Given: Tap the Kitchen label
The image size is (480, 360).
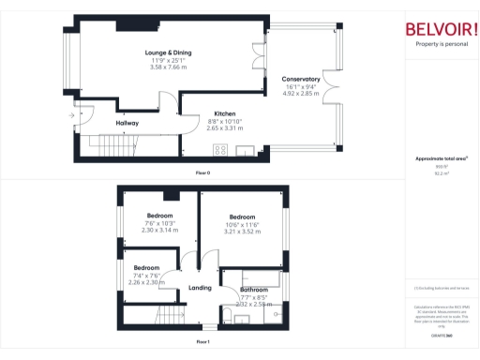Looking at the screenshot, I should [x=224, y=113].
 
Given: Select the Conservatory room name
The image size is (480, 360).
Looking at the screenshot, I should [x=301, y=80].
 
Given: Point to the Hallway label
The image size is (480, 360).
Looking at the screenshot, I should [x=127, y=123].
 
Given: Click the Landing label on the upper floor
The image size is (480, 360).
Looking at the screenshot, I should [x=200, y=288].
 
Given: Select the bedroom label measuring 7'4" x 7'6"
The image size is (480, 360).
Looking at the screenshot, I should [x=145, y=268].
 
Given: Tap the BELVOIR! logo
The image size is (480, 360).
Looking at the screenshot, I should [x=440, y=28].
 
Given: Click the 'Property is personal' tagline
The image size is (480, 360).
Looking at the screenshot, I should [x=440, y=44].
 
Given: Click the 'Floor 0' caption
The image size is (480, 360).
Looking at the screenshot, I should [x=202, y=173].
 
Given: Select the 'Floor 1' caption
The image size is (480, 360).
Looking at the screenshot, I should [x=202, y=342].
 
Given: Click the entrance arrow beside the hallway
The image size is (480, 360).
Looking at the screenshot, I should [x=70, y=116].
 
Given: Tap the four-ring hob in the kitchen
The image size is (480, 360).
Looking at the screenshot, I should [x=221, y=150].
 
